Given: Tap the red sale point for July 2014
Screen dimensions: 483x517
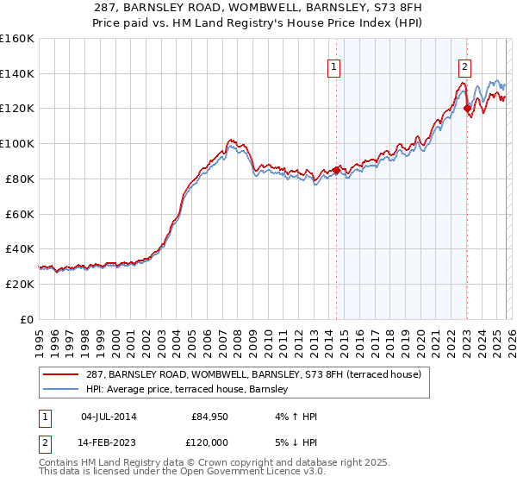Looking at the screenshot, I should click(336, 169).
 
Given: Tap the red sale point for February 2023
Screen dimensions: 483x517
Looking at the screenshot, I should click(467, 108).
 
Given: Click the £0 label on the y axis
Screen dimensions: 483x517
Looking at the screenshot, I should click(28, 319).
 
